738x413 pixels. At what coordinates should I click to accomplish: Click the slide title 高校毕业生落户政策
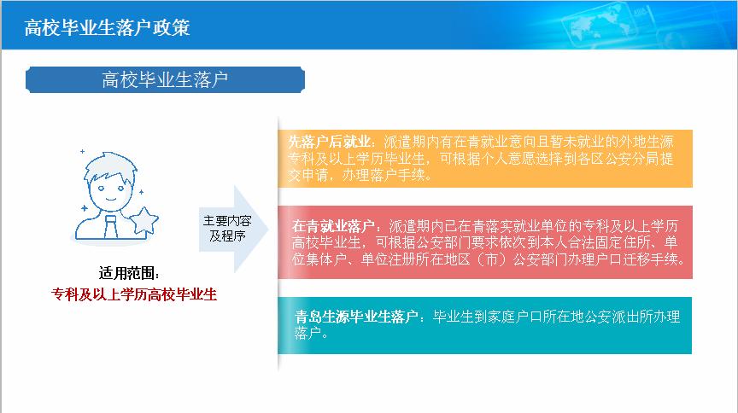(x=107, y=27)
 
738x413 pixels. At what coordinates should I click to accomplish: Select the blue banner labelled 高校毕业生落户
(x=165, y=79)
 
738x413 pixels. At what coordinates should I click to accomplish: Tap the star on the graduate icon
(x=144, y=220)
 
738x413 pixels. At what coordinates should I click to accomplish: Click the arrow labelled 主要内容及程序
(x=233, y=229)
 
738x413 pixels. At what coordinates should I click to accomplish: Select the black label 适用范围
(x=129, y=273)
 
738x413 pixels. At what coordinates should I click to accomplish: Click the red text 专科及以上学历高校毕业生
(x=134, y=294)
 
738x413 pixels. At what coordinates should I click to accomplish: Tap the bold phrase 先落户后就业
(x=330, y=142)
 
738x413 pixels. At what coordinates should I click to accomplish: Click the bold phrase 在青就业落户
(x=333, y=226)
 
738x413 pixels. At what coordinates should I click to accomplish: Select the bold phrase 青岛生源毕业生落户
(x=356, y=317)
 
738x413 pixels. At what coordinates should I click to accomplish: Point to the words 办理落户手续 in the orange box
(x=384, y=175)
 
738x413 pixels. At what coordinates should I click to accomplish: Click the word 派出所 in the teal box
(x=631, y=317)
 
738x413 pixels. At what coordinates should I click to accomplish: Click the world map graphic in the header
(x=600, y=25)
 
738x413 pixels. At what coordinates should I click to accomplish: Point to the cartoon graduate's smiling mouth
(x=111, y=199)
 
